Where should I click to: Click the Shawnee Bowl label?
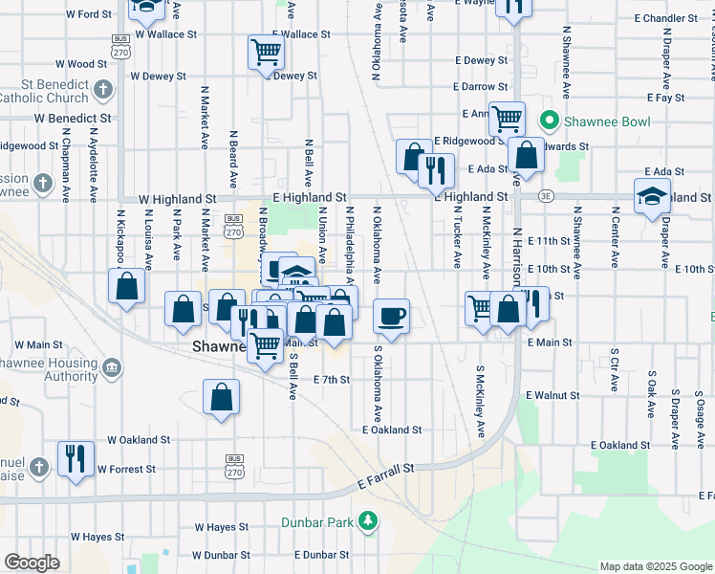[608, 121]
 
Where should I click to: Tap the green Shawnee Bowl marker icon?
[550, 121]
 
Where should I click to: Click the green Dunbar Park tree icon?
[366, 522]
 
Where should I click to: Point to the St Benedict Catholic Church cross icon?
[103, 91]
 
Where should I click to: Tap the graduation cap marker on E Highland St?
[652, 195]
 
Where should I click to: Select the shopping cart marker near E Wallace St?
[265, 52]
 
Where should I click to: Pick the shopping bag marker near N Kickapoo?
[127, 285]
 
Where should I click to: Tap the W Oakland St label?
[139, 440]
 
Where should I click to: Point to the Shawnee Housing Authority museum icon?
[112, 368]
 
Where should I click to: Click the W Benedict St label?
[73, 118]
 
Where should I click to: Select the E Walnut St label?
[552, 394]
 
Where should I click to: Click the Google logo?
[32, 563]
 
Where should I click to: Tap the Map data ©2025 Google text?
[655, 566]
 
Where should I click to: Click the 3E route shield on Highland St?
[547, 196]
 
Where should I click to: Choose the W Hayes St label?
[221, 527]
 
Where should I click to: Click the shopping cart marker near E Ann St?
[507, 119]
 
